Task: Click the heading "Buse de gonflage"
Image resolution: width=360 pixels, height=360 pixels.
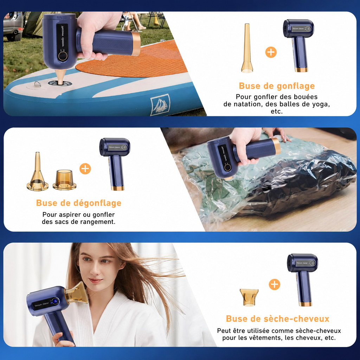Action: (x=277, y=86)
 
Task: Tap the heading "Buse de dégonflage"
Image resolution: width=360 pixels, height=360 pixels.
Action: (x=79, y=203)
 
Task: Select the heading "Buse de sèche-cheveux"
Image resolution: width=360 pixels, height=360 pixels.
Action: (x=278, y=319)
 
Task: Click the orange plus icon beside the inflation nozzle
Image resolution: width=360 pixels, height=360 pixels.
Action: (x=271, y=52)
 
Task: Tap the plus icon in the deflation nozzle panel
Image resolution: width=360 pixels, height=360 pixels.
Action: (x=85, y=169)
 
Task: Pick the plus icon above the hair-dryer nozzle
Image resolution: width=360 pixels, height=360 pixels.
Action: (x=275, y=284)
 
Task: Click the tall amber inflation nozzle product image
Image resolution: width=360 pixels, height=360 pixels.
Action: (x=247, y=48)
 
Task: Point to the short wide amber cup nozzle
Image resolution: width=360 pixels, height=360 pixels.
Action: (x=65, y=180)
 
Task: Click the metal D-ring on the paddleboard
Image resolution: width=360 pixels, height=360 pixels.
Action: (x=38, y=84)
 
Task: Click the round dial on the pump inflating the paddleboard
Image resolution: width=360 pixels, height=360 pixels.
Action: (x=63, y=56)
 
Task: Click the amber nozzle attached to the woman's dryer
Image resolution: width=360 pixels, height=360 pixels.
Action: (x=76, y=293)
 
